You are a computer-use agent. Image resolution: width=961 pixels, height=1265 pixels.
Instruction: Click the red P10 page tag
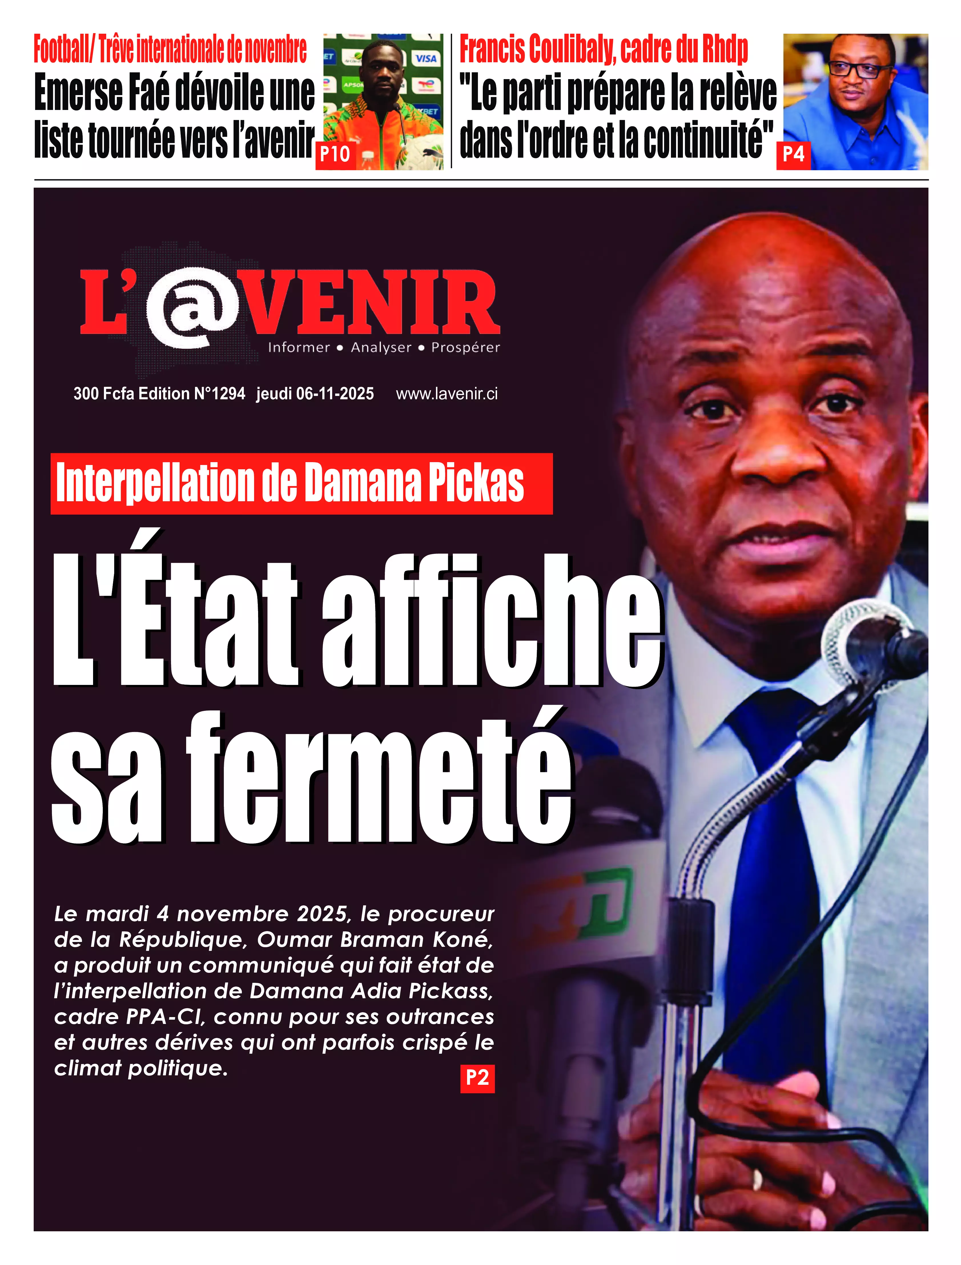click(335, 155)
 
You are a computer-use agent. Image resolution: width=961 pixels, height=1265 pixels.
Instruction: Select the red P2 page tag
click(477, 1078)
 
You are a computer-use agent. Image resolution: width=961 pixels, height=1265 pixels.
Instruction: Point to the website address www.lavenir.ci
click(447, 394)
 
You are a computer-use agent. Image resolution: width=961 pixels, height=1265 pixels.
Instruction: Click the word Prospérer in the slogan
click(465, 347)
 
